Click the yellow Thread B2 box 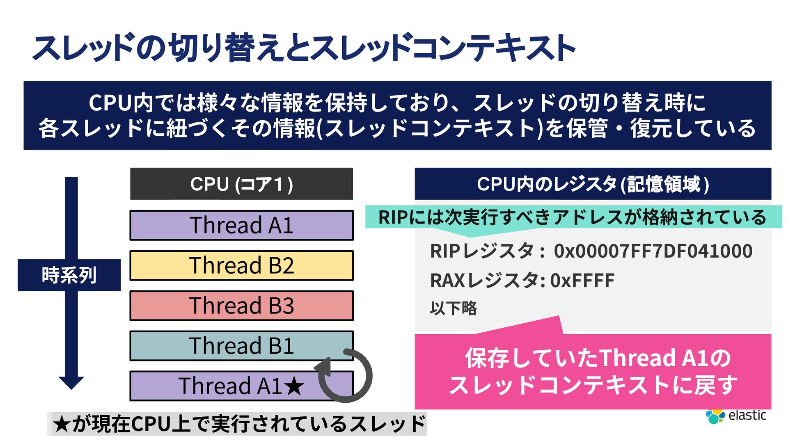[x=241, y=265]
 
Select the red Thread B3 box [x=241, y=306]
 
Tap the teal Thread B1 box [x=241, y=345]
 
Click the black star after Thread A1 [x=294, y=386]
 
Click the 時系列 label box [x=69, y=275]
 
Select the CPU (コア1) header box [x=241, y=184]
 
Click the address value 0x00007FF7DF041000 [x=653, y=251]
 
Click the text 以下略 [x=453, y=308]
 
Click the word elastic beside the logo [x=747, y=415]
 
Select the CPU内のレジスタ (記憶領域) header [x=593, y=184]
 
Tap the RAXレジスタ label [x=484, y=281]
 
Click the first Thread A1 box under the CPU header [x=241, y=225]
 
